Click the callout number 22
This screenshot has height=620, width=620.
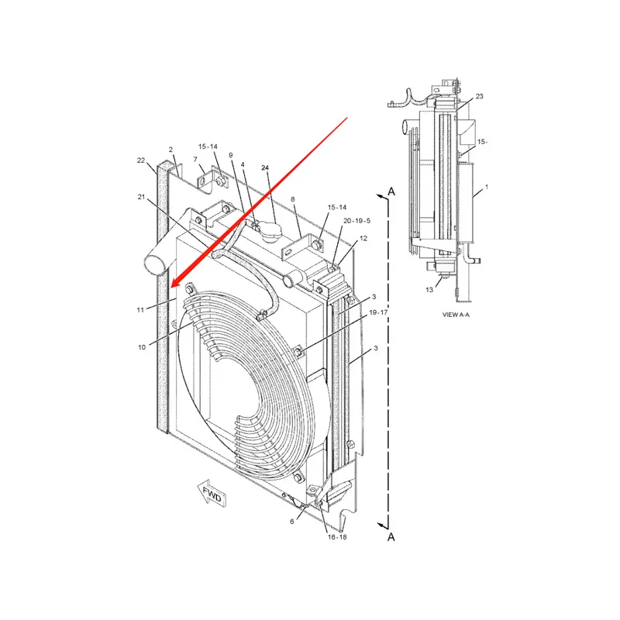(141, 160)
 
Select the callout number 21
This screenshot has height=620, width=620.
(141, 198)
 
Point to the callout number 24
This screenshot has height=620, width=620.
(265, 168)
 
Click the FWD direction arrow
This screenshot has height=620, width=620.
(211, 494)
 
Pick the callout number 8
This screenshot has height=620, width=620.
(293, 199)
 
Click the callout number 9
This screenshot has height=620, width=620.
(230, 155)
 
